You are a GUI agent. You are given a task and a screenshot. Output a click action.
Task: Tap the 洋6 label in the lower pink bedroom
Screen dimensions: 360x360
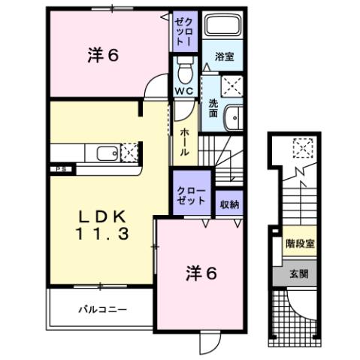[x=202, y=274]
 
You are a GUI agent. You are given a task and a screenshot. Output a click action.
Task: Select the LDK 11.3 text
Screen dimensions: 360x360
[x=102, y=225]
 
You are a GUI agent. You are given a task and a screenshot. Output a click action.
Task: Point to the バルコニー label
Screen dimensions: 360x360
[x=102, y=309]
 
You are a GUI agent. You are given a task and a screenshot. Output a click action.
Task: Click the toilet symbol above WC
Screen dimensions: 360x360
[x=186, y=72]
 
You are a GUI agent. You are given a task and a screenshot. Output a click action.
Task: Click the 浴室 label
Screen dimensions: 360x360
[x=222, y=57]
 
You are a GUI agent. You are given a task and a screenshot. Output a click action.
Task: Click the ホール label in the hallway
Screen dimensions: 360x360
[x=184, y=141]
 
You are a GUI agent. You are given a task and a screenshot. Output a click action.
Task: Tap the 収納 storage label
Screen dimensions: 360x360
[x=230, y=204]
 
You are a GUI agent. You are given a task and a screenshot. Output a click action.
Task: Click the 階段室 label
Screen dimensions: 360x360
[x=299, y=243]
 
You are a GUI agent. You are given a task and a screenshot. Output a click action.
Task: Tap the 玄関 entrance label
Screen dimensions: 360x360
[x=299, y=275]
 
